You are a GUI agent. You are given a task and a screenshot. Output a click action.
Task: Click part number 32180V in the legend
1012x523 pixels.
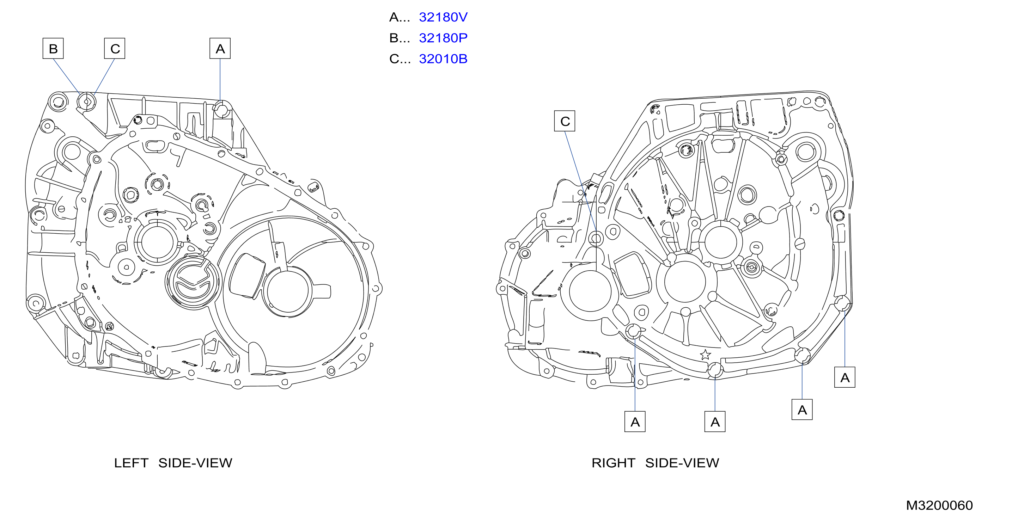(443, 17)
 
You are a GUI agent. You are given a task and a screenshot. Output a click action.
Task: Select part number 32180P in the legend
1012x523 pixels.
(443, 38)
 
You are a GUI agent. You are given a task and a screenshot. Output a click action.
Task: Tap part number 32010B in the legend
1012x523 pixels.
(443, 59)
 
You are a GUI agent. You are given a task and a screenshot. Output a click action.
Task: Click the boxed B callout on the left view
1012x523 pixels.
(53, 48)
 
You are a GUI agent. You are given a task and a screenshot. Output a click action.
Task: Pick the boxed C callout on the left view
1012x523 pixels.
(115, 48)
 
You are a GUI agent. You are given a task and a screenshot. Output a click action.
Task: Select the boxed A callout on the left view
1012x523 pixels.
(220, 48)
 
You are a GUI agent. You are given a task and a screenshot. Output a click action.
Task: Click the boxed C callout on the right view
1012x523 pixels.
(565, 121)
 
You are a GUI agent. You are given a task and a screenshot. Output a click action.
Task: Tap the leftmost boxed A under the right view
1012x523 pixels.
(635, 422)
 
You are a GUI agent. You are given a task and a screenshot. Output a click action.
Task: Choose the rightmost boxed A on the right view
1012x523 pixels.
(845, 377)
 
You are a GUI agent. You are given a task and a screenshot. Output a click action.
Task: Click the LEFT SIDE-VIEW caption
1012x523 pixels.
(173, 463)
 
